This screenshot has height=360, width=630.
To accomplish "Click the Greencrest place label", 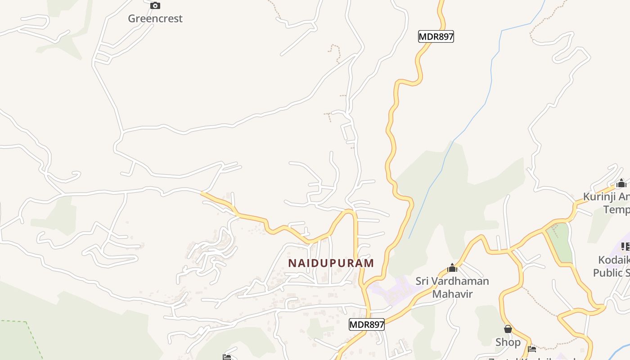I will click(155, 18).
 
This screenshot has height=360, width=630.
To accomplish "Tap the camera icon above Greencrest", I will click(155, 6).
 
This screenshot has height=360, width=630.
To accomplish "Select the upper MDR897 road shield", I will click(436, 36).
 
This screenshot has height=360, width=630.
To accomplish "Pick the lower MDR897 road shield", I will click(366, 324).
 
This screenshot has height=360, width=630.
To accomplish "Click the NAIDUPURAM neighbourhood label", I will click(331, 263).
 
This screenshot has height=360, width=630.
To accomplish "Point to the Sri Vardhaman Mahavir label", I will click(452, 288).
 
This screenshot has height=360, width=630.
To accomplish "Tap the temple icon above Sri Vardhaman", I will click(452, 268).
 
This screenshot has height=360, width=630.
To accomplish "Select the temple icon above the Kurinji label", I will click(621, 183).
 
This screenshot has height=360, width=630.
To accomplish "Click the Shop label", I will click(508, 342).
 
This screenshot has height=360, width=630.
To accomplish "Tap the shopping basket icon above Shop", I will click(508, 329).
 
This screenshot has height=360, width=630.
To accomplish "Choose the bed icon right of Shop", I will click(532, 349).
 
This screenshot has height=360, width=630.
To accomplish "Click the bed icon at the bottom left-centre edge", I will click(227, 357).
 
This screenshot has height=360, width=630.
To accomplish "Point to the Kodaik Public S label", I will click(612, 266).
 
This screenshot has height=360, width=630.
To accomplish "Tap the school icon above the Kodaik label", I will click(625, 246).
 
